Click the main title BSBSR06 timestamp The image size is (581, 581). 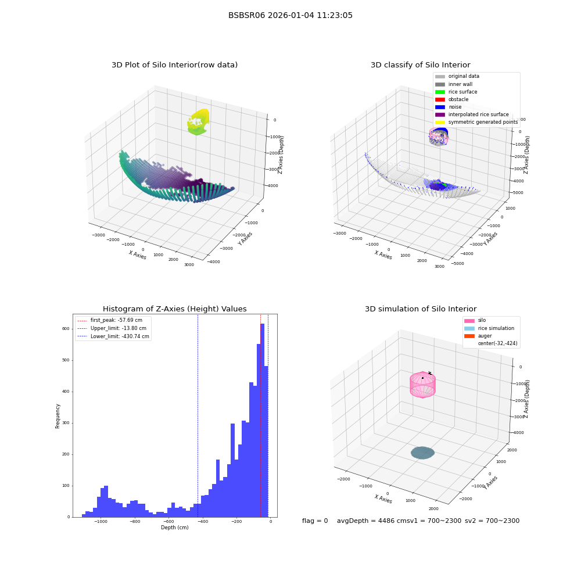290,15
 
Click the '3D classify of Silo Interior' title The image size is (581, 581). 421,65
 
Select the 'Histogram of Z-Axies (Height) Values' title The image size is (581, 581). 174,309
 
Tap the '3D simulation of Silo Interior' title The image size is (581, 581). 421,309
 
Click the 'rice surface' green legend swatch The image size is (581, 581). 440,92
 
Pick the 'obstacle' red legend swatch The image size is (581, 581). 440,99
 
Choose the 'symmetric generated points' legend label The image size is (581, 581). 483,122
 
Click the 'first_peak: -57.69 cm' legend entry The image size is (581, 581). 110,320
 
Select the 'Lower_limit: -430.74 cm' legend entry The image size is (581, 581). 113,336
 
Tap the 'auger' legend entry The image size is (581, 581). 478,336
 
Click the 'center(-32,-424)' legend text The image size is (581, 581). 498,343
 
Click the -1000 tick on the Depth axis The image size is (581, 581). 101,522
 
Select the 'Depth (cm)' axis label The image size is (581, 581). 174,528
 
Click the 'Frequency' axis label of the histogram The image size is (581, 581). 58,416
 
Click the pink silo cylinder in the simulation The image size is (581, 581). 422,385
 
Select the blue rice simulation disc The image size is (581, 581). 422,453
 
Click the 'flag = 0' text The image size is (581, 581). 315,521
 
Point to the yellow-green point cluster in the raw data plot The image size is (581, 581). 199,122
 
